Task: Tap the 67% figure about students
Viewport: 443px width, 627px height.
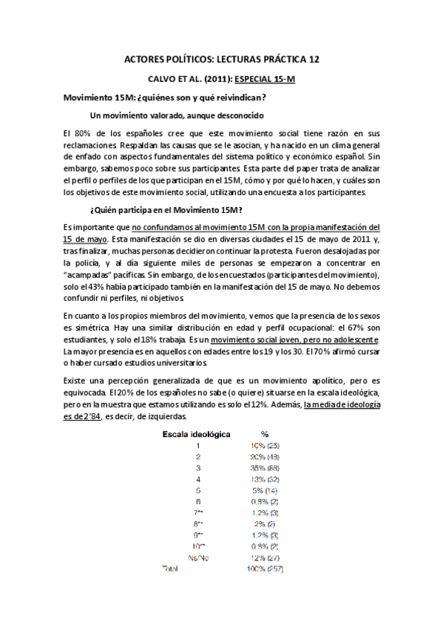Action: click(354, 328)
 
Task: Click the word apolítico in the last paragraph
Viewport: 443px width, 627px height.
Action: click(299, 381)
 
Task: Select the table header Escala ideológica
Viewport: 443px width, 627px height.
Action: click(196, 434)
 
